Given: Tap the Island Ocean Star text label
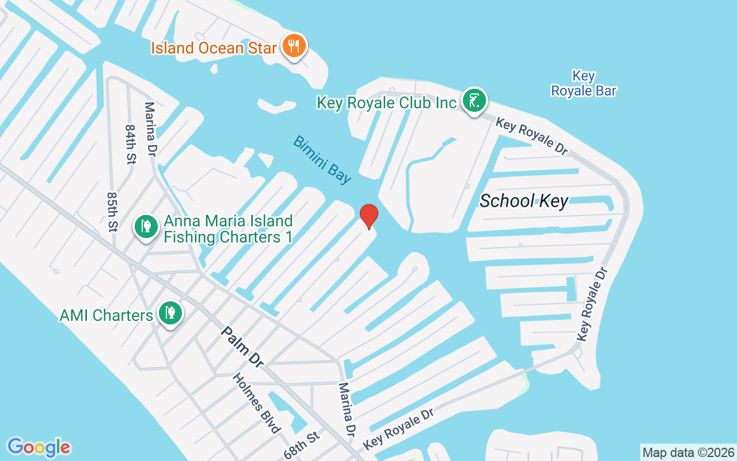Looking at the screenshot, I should coord(214,48).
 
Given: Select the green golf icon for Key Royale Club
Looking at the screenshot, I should coord(474,101).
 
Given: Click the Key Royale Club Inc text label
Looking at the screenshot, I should coord(386,103).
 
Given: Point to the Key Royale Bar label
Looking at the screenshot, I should coord(583,84).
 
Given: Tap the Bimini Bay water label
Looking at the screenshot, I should coord(322,159).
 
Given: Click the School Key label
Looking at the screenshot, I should coord(523,201).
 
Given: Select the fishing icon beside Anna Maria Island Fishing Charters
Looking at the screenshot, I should coord(146,226).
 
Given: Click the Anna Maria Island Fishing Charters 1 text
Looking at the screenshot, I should coord(228,229).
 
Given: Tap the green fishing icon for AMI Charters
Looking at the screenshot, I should coord(170,313).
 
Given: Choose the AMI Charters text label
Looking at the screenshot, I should coord(107,315).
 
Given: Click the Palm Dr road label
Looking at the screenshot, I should coord(242,346).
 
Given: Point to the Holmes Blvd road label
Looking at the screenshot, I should coord(257,403).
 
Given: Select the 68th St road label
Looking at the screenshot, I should coord(302,445).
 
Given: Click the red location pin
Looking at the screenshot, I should coord(368,216).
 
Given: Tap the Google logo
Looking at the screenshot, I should coord(39,447).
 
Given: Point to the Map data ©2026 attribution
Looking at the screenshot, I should coord(688,452).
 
